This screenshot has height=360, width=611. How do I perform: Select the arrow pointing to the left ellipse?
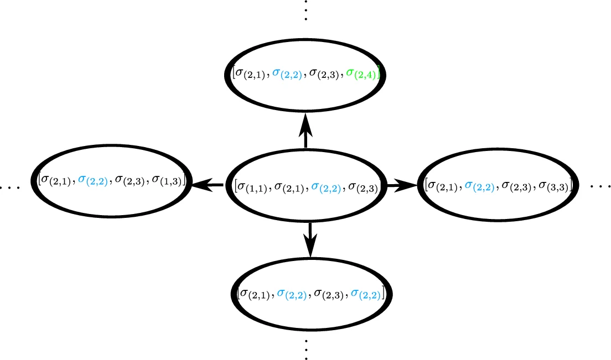[208, 186]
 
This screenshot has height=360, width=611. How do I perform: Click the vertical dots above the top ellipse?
[305, 11]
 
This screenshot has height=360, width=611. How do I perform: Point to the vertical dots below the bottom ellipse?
[305, 349]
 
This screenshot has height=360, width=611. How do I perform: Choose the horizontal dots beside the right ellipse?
[600, 186]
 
